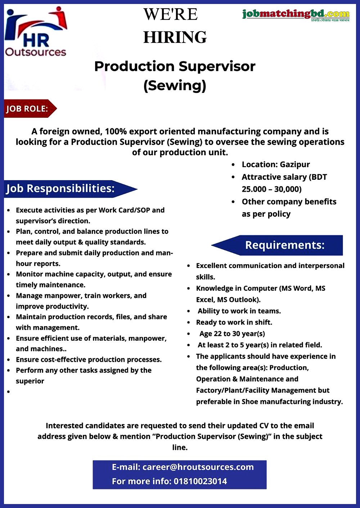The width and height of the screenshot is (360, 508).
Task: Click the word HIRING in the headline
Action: point(175,37)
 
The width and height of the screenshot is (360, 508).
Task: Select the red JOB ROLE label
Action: point(28,108)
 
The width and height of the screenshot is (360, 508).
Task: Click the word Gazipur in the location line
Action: point(295,164)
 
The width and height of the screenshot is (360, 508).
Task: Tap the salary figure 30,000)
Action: point(288,189)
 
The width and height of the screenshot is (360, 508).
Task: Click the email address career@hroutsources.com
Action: point(198,467)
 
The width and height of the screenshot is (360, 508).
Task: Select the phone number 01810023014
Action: point(200,481)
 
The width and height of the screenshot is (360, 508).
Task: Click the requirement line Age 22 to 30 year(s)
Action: point(232,334)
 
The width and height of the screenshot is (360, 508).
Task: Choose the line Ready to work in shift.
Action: point(234,322)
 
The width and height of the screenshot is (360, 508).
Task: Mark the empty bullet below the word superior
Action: point(9,392)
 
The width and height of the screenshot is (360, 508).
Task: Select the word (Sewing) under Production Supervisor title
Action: point(175,86)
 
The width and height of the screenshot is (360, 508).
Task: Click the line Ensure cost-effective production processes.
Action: point(89,360)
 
